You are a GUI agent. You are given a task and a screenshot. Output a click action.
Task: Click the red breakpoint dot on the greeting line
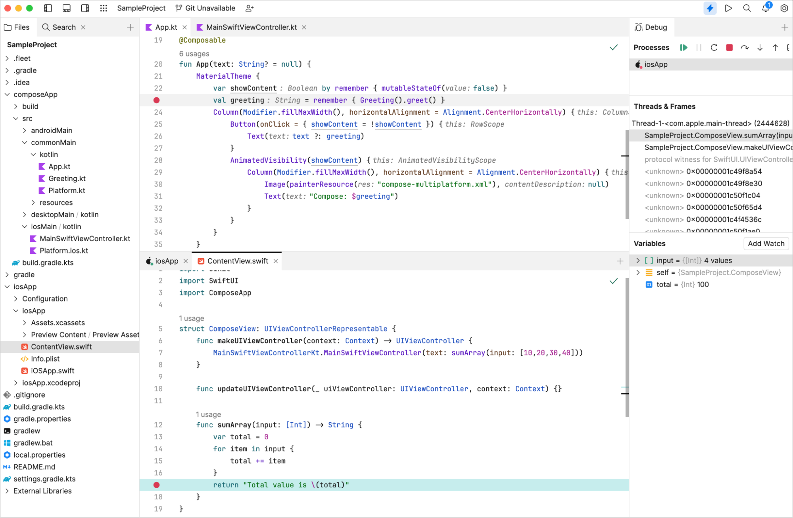(157, 100)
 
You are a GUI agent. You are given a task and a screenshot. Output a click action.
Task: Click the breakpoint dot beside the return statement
(157, 485)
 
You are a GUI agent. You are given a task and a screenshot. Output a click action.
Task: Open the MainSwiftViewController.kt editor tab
(251, 27)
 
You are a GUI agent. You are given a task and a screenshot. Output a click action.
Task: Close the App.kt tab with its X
(184, 27)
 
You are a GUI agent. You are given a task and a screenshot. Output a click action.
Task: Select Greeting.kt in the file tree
(67, 178)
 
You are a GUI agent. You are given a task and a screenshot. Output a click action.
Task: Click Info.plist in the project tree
(45, 359)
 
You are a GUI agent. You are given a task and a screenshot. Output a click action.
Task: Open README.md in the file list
(34, 467)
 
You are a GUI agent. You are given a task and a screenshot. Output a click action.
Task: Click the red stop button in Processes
(729, 48)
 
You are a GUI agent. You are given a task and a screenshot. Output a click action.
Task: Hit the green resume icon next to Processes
(684, 48)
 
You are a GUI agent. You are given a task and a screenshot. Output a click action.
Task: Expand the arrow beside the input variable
(638, 260)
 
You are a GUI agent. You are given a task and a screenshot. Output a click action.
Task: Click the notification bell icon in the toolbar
(766, 8)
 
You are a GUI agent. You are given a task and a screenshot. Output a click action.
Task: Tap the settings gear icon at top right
(784, 8)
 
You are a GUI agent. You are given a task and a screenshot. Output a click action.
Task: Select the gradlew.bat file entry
(33, 443)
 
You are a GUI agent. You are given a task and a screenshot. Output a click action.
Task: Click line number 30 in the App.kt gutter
(158, 184)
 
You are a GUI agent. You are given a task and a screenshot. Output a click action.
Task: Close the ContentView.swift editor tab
(276, 261)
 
